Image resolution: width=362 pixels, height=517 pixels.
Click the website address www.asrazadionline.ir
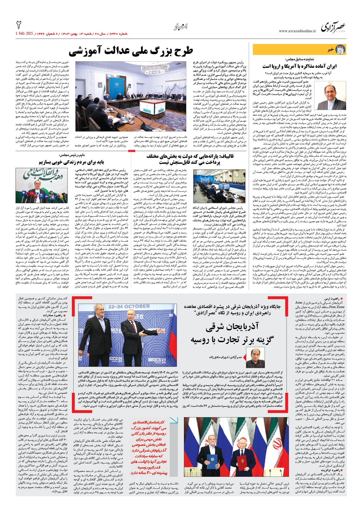click(297, 31)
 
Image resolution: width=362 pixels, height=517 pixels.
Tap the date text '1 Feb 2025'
click(24, 34)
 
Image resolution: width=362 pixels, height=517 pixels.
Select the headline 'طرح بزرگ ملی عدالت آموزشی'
click(131, 51)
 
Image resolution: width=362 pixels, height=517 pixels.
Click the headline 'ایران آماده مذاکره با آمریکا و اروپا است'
click(299, 66)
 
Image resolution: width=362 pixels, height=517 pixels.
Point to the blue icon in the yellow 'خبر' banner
click(340, 50)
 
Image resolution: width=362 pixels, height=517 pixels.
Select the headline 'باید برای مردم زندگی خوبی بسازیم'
click(71, 162)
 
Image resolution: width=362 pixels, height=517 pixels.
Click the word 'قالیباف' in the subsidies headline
click(226, 156)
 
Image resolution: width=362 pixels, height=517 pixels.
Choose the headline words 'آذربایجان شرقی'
click(232, 327)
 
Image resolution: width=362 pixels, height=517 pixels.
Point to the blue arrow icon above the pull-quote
click(173, 421)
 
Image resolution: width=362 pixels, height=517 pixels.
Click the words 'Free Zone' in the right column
click(337, 307)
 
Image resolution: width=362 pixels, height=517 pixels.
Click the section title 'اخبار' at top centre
click(181, 27)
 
